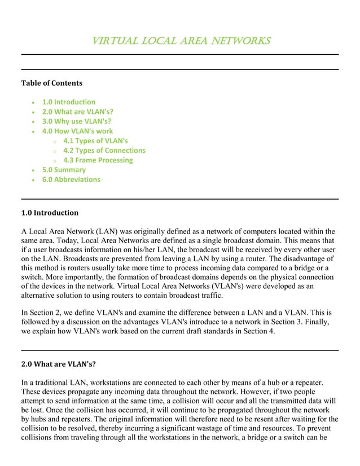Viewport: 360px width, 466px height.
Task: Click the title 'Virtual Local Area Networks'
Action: [180, 41]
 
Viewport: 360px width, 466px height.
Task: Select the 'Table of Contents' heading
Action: [51, 83]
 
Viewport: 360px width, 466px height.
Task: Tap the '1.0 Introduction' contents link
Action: [69, 102]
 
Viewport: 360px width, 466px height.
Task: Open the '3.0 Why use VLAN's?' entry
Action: [76, 121]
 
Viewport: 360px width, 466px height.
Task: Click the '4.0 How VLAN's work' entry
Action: [77, 131]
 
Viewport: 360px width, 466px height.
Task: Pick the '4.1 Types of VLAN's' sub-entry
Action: [95, 140]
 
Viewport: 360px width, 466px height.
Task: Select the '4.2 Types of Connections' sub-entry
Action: [104, 150]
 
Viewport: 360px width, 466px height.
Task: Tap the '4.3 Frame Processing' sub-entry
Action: [98, 160]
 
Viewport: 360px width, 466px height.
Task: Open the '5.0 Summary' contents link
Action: [64, 169]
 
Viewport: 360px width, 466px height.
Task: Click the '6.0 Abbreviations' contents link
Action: [71, 179]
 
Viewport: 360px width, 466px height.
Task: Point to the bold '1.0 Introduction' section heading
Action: [50, 213]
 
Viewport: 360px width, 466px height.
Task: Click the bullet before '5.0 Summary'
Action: [34, 170]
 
